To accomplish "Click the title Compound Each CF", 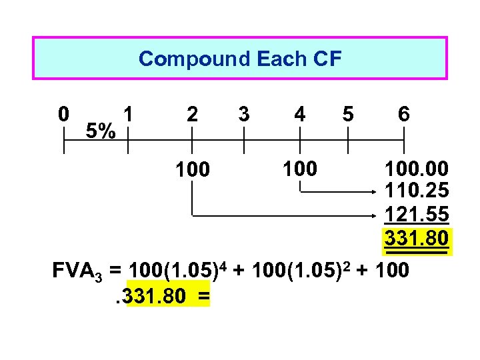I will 239,59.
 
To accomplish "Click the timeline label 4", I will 300,114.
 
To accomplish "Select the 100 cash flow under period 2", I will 192,170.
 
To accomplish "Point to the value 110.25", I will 416,191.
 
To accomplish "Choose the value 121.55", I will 416,215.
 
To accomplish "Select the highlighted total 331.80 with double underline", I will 416,238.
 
